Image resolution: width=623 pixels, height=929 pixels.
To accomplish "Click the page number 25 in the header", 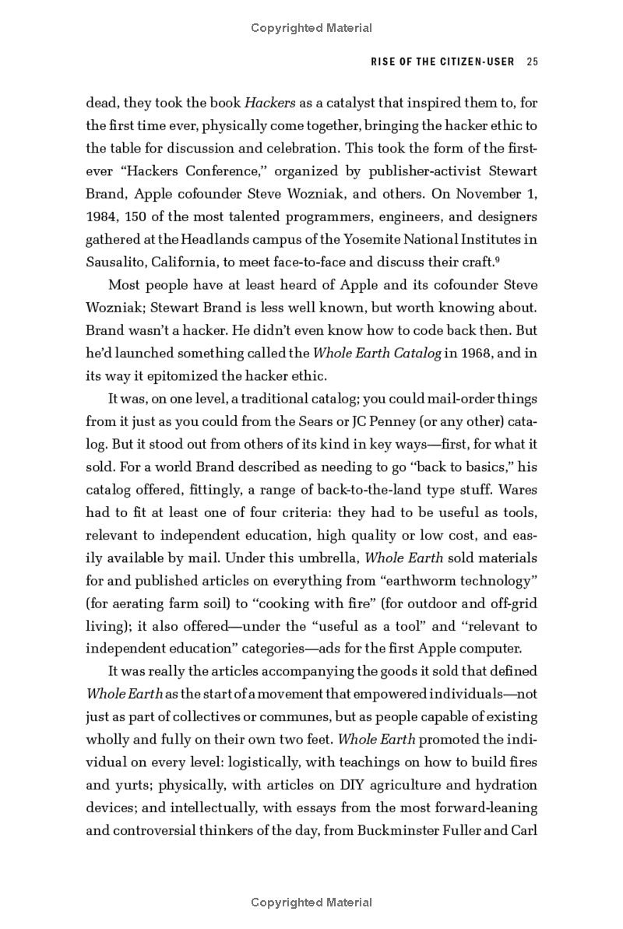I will tap(532, 62).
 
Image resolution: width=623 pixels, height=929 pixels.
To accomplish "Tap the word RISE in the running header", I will tap(363, 62).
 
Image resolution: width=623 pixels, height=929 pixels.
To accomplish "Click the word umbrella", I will tap(320, 558).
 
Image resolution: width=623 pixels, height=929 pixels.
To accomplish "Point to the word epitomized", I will tap(161, 375).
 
